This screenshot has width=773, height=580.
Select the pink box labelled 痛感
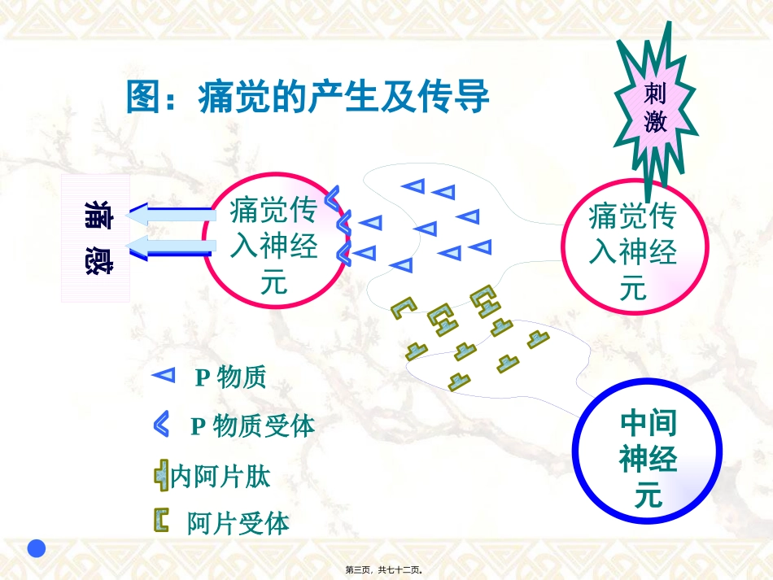96,237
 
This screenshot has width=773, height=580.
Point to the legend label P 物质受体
252,425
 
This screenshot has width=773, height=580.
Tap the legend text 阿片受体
238,523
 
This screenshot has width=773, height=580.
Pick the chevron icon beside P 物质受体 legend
161,424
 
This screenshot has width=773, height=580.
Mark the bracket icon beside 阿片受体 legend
162,520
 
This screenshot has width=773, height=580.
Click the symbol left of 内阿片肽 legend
161,475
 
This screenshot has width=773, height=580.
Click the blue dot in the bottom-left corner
37,548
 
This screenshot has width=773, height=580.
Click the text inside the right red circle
632,251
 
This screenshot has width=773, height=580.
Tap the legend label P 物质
230,377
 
